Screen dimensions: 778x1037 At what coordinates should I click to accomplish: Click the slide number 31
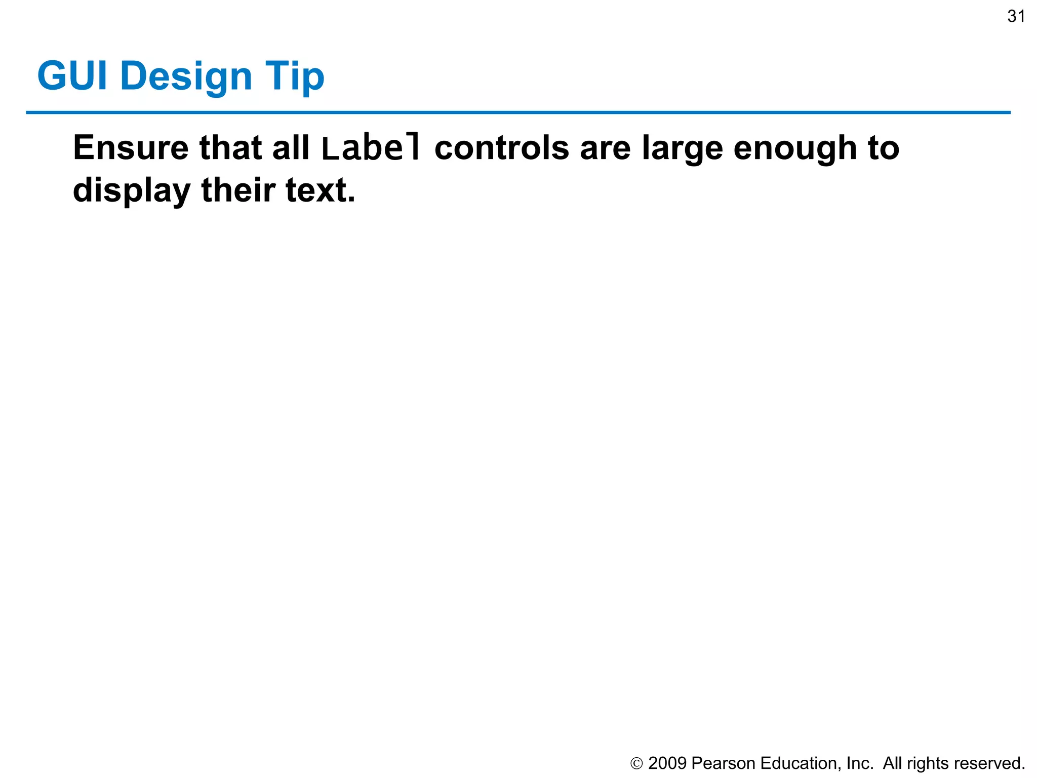point(1016,17)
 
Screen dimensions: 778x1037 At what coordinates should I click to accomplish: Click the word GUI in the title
point(72,76)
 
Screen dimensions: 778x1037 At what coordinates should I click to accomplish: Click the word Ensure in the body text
point(131,148)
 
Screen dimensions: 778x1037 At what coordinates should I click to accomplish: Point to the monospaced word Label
point(371,148)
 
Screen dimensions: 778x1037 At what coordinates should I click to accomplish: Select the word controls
point(502,148)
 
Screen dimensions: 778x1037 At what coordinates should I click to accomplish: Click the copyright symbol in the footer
point(636,763)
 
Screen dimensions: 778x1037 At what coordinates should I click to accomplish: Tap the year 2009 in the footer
point(667,763)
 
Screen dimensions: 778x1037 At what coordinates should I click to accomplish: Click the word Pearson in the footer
point(723,763)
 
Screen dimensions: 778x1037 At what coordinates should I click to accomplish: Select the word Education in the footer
point(801,763)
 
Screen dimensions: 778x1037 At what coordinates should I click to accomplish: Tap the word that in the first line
point(230,148)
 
